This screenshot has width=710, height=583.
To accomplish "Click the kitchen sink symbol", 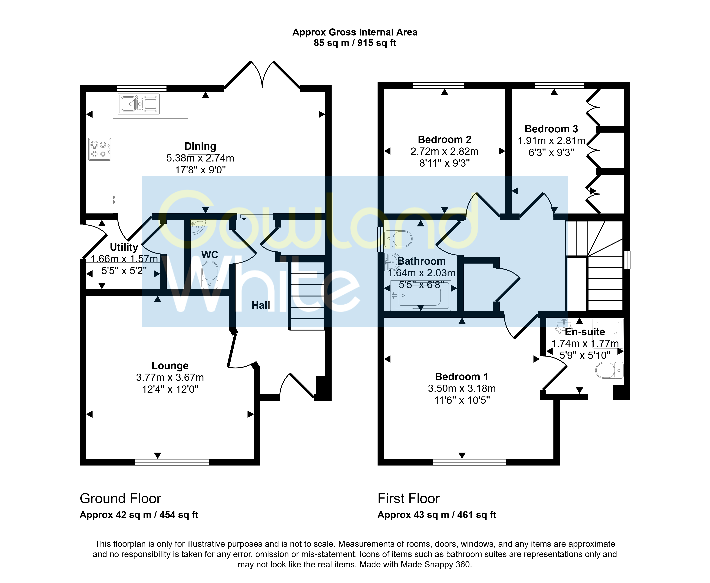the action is (138, 104).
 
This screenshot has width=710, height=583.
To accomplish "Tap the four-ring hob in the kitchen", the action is (100, 149).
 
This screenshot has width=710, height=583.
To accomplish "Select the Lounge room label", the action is (170, 365).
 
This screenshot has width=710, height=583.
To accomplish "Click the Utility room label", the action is (124, 247).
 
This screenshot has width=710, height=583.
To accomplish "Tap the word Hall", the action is (261, 305).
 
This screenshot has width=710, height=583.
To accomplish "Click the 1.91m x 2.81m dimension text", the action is (551, 141).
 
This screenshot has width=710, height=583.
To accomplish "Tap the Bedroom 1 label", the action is (462, 376).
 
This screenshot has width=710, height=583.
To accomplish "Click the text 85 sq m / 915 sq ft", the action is (355, 43).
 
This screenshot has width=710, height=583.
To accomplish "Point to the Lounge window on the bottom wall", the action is (172, 462).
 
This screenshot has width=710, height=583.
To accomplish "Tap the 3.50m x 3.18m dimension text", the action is (462, 388).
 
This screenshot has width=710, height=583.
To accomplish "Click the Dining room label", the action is (200, 146).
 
